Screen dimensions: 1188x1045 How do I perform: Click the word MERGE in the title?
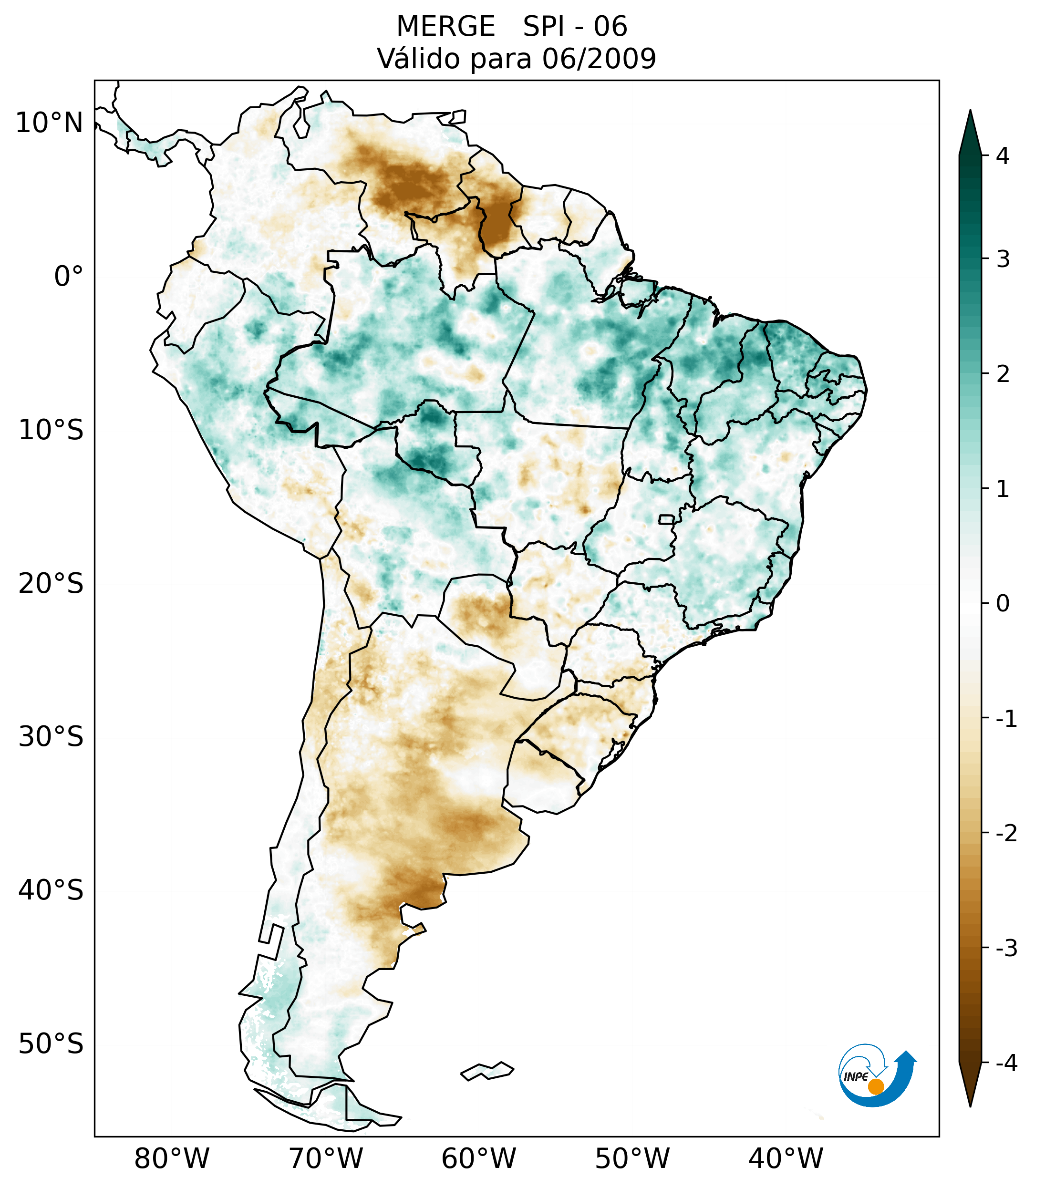[x=446, y=27]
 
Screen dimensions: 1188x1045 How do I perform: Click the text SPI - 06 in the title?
[x=575, y=27]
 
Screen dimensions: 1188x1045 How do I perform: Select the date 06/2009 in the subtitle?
[x=599, y=59]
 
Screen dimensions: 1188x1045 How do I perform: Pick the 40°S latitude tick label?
[x=51, y=890]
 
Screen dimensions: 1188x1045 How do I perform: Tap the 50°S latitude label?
[x=51, y=1044]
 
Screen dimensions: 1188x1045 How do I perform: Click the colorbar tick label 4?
[x=1003, y=156]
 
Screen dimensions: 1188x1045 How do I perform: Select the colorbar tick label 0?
[x=1003, y=604]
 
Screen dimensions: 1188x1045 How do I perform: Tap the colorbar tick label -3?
[x=1006, y=948]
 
